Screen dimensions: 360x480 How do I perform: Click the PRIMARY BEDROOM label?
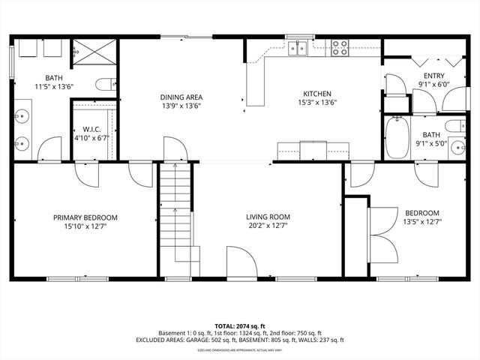pyautogui.click(x=85, y=218)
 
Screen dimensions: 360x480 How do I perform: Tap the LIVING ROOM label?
pyautogui.click(x=268, y=217)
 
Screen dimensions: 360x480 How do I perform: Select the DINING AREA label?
pyautogui.click(x=181, y=97)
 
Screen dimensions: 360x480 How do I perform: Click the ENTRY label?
pyautogui.click(x=433, y=76)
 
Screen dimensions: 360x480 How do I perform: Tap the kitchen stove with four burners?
pyautogui.click(x=340, y=48)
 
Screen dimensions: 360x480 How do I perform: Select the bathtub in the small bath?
pyautogui.click(x=396, y=136)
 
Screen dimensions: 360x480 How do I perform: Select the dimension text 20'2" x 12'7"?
pyautogui.click(x=268, y=226)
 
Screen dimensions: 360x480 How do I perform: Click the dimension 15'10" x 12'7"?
pyautogui.click(x=85, y=226)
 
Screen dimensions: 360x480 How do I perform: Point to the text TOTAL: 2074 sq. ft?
pyautogui.click(x=240, y=326)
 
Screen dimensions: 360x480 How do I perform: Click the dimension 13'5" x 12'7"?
pyautogui.click(x=422, y=222)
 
